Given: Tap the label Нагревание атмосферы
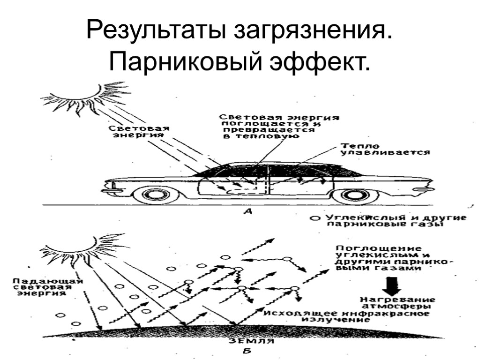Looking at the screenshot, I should [397, 303].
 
